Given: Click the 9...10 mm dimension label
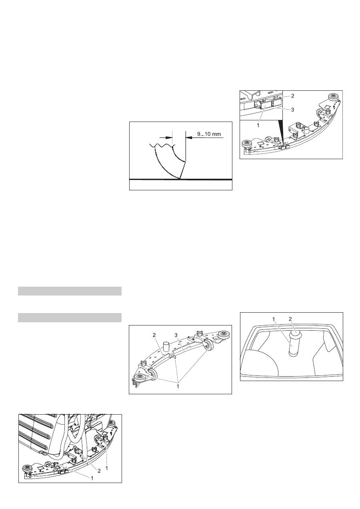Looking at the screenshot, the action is (x=209, y=134).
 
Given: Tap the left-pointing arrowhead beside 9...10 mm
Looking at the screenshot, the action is (x=189, y=138).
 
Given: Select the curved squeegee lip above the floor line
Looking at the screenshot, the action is (x=169, y=161).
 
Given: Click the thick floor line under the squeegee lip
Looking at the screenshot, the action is (x=181, y=180).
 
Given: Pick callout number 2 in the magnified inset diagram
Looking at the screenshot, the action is (x=292, y=96).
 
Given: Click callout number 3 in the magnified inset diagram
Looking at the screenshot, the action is (x=292, y=110).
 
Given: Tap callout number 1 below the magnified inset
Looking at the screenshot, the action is (x=258, y=125).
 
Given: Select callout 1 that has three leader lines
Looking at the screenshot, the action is (x=178, y=386).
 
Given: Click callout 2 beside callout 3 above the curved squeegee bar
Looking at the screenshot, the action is (x=154, y=335).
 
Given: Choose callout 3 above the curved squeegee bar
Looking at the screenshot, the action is (x=176, y=335).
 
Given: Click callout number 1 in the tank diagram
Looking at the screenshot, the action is (x=274, y=319).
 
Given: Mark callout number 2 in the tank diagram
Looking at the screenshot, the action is (x=290, y=319).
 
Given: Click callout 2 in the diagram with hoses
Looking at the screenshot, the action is (x=99, y=471).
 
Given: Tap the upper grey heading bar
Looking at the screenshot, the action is (x=70, y=291).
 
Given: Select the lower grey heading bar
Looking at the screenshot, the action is (x=70, y=317).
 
